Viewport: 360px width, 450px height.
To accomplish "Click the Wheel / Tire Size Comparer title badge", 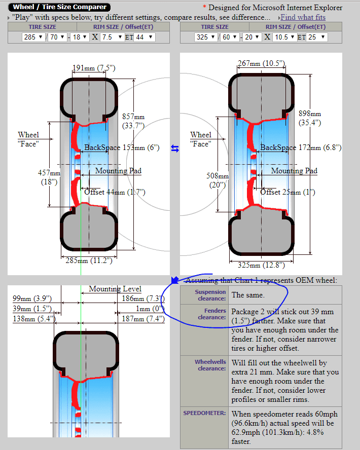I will click(59, 7).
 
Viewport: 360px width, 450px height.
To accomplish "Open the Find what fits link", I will click(303, 17).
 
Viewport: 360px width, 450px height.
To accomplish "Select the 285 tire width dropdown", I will click(33, 37).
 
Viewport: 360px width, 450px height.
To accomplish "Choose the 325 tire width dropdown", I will click(206, 37).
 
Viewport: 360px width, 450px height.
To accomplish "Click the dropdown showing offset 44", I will click(144, 37).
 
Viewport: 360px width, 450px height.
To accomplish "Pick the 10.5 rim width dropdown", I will click(285, 37).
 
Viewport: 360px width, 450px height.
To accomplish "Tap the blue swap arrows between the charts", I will click(175, 148).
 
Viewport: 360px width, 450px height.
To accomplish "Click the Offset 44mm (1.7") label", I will click(115, 192).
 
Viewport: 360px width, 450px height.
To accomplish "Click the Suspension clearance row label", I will click(210, 295).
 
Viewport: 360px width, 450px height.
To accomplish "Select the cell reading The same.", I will click(248, 294).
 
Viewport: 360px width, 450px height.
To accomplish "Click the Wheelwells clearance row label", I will click(210, 365).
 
